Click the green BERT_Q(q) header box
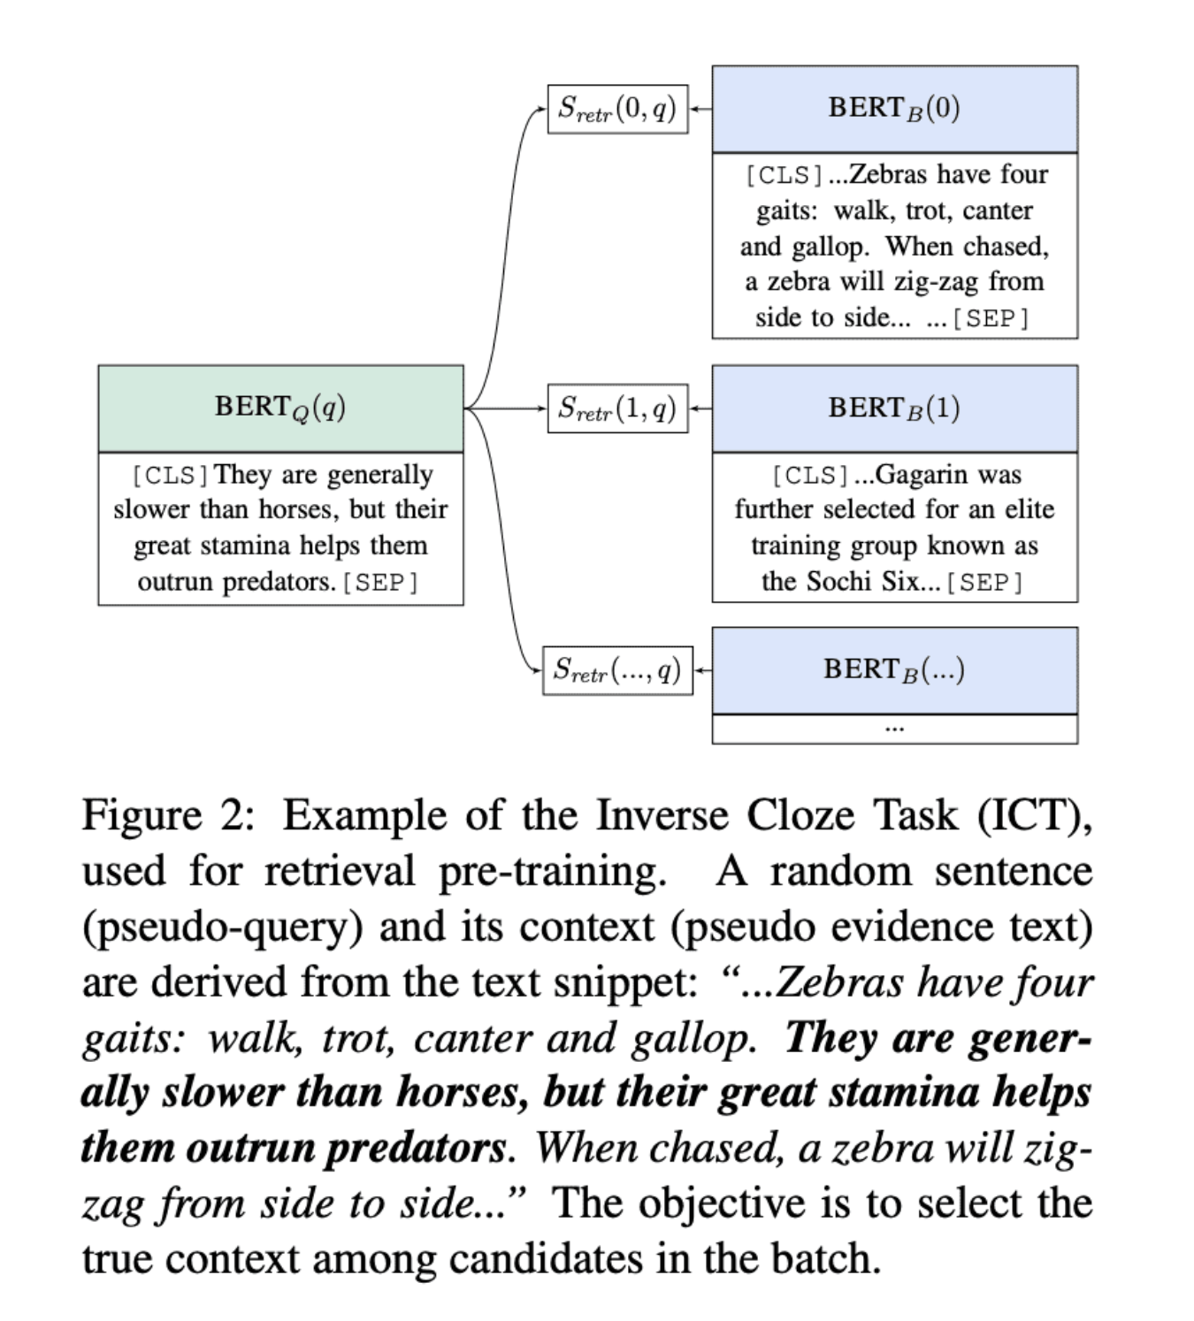click(x=280, y=408)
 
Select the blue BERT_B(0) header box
click(x=894, y=109)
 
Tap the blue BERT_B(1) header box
click(x=894, y=409)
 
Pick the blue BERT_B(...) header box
click(x=894, y=670)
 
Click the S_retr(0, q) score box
click(x=617, y=110)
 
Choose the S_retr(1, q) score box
click(x=617, y=409)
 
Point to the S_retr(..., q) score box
click(x=617, y=670)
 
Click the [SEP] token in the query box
click(x=380, y=583)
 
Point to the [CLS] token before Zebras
click(x=785, y=175)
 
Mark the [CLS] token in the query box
click(x=171, y=476)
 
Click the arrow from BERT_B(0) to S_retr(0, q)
click(x=700, y=110)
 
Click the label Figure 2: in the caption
click(x=168, y=815)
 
